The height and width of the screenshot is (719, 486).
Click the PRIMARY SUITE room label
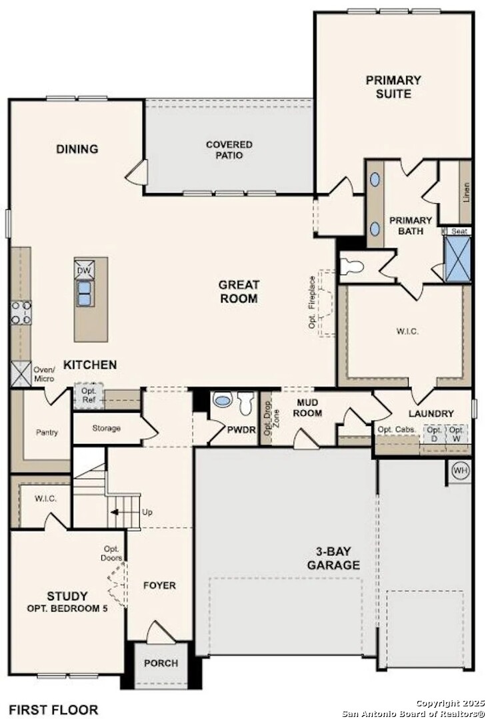[x=393, y=87]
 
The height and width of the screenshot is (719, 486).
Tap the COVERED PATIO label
[x=229, y=150]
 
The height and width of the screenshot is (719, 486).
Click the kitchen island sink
[x=85, y=294]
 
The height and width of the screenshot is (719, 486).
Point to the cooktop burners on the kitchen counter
[x=21, y=312]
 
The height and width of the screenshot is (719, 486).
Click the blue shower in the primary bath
[x=458, y=258]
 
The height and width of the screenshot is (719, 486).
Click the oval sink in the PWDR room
[x=221, y=401]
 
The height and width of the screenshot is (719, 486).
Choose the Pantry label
[x=47, y=433]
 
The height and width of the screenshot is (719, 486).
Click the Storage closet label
[x=106, y=428]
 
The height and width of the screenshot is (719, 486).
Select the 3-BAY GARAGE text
[x=333, y=559]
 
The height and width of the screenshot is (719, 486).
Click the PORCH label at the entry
[x=161, y=663]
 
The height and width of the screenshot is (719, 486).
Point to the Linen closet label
[x=465, y=192]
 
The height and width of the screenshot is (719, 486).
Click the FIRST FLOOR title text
[x=53, y=710]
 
